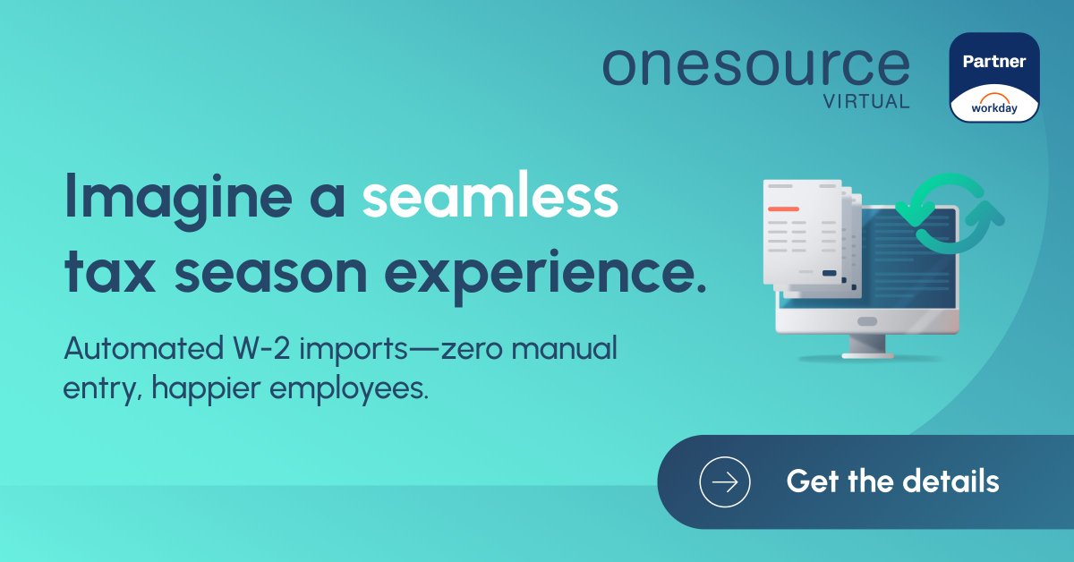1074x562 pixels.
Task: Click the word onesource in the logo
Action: (x=755, y=67)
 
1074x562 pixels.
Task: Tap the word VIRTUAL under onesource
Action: (x=866, y=101)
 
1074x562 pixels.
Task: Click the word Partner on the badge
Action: (x=993, y=62)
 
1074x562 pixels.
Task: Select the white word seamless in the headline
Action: (x=490, y=199)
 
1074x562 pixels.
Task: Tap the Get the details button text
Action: (x=892, y=481)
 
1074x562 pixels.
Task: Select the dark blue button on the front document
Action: (x=829, y=272)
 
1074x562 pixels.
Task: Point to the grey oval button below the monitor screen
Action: (x=867, y=321)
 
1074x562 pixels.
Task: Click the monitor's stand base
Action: (x=866, y=353)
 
